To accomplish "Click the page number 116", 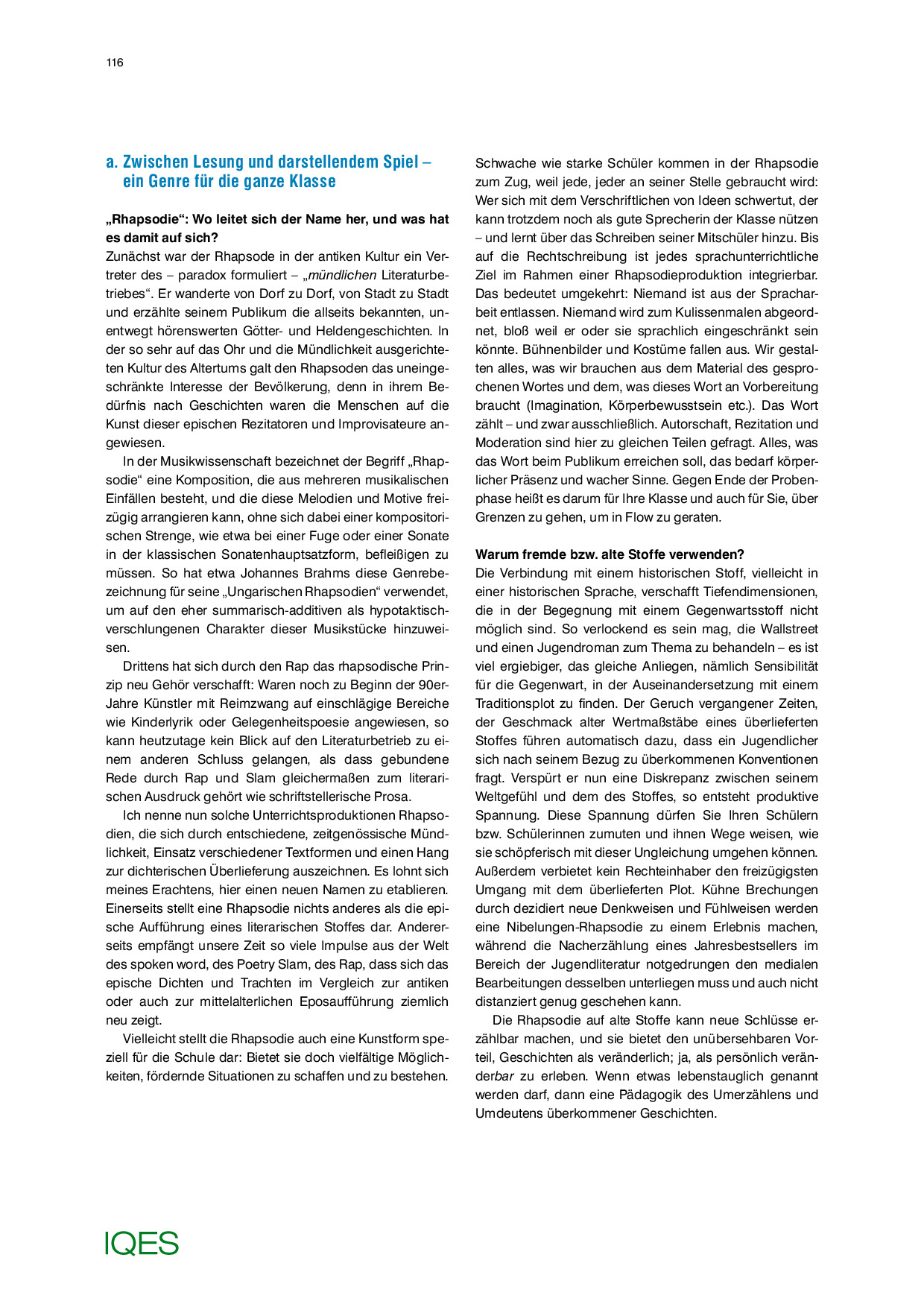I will pyautogui.click(x=115, y=63).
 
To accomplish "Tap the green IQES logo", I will pyautogui.click(x=142, y=1243).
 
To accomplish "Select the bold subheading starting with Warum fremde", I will pyautogui.click(x=610, y=554).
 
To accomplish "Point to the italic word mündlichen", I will pyautogui.click(x=342, y=275).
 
